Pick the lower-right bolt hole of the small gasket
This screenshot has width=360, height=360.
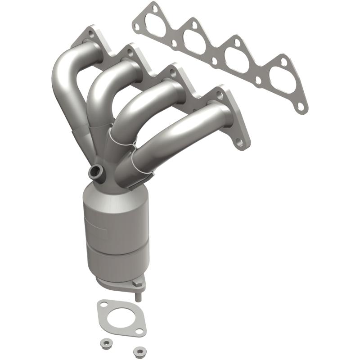click(x=139, y=331)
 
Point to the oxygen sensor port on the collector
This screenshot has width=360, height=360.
click(x=96, y=171)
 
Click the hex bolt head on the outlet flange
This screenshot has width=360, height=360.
click(x=135, y=283)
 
